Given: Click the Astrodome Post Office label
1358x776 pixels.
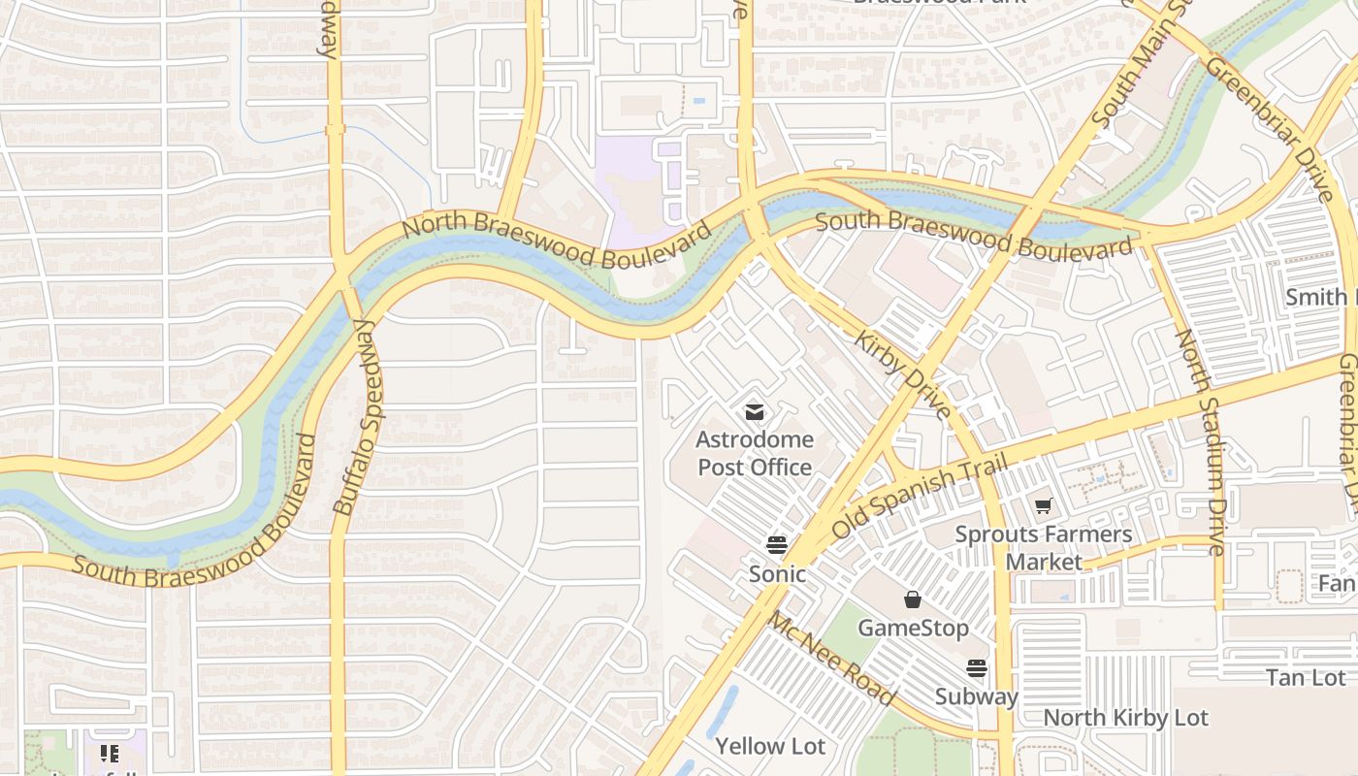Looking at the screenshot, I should (x=755, y=453).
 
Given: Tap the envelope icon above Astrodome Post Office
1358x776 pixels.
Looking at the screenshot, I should (x=755, y=412).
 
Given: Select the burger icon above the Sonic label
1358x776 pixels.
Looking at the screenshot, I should (x=776, y=544).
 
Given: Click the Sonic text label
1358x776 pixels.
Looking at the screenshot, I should (x=777, y=574).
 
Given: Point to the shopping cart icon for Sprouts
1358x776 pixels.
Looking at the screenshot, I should (x=1044, y=505).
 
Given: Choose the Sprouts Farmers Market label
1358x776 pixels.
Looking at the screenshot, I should (x=1044, y=548).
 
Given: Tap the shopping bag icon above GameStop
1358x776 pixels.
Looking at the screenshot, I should (x=913, y=599).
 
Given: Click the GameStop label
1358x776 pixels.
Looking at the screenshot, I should (x=913, y=629).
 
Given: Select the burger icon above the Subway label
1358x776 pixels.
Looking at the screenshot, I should (x=976, y=668).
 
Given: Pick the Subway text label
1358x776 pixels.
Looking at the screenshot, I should (x=976, y=696).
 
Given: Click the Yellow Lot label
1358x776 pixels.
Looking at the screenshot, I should (x=770, y=746).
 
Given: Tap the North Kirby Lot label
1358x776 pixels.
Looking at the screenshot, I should (x=1125, y=718).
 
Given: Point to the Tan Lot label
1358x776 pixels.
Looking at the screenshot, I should (x=1306, y=678).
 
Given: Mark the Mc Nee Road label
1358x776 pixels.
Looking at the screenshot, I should (x=831, y=659).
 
